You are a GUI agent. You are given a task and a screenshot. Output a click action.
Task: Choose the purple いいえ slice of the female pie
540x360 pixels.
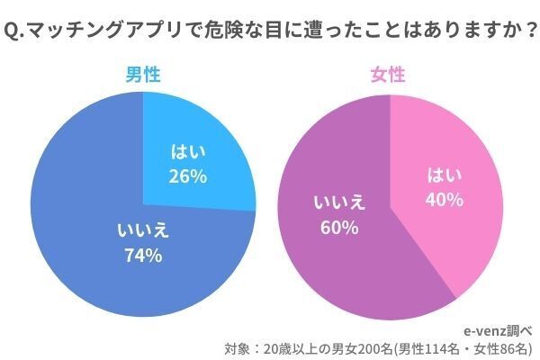pyautogui.click(x=351, y=261)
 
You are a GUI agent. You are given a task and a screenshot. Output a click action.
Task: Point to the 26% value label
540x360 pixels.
pyautogui.click(x=187, y=176)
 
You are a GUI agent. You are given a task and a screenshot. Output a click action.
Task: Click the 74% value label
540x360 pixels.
pyautogui.click(x=143, y=256)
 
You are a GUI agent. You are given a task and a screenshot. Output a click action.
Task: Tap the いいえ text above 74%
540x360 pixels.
pyautogui.click(x=143, y=230)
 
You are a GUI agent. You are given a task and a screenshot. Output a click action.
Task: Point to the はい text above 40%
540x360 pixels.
pyautogui.click(x=444, y=173)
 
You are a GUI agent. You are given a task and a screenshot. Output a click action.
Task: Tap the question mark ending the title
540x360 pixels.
pyautogui.click(x=519, y=32)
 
